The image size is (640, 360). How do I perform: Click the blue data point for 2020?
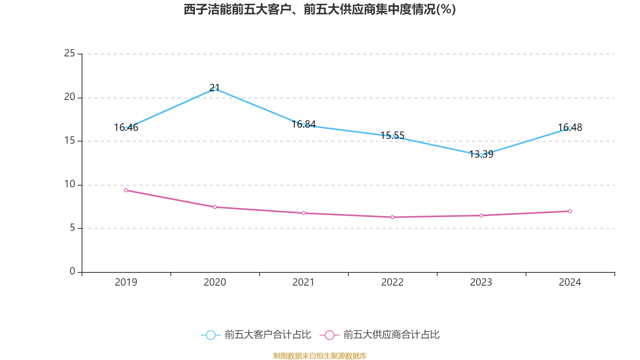tap(215, 89)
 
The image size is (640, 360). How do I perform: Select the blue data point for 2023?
tap(481, 155)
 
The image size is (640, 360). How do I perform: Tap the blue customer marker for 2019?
tap(126, 128)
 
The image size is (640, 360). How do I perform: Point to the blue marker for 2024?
tap(570, 128)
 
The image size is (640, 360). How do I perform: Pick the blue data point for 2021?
tap(304, 125)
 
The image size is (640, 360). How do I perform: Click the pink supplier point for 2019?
tap(126, 190)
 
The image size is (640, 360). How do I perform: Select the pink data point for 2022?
tap(392, 217)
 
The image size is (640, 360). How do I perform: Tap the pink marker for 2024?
tap(570, 211)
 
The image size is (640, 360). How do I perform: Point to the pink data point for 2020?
tap(215, 207)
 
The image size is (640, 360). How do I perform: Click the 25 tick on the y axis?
tap(70, 53)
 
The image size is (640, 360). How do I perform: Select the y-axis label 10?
tap(70, 184)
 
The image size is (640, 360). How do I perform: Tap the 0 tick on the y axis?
tap(72, 271)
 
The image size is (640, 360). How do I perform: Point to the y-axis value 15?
tap(70, 140)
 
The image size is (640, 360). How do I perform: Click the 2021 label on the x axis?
tap(304, 282)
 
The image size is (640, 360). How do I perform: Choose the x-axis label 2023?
tap(481, 282)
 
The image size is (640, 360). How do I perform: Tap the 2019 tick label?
tap(126, 282)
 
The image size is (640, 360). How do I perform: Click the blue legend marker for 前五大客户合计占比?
tap(210, 335)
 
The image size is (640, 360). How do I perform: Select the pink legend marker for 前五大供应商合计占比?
tap(329, 335)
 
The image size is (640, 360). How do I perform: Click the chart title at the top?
tap(320, 9)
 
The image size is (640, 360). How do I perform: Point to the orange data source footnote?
tap(320, 356)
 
